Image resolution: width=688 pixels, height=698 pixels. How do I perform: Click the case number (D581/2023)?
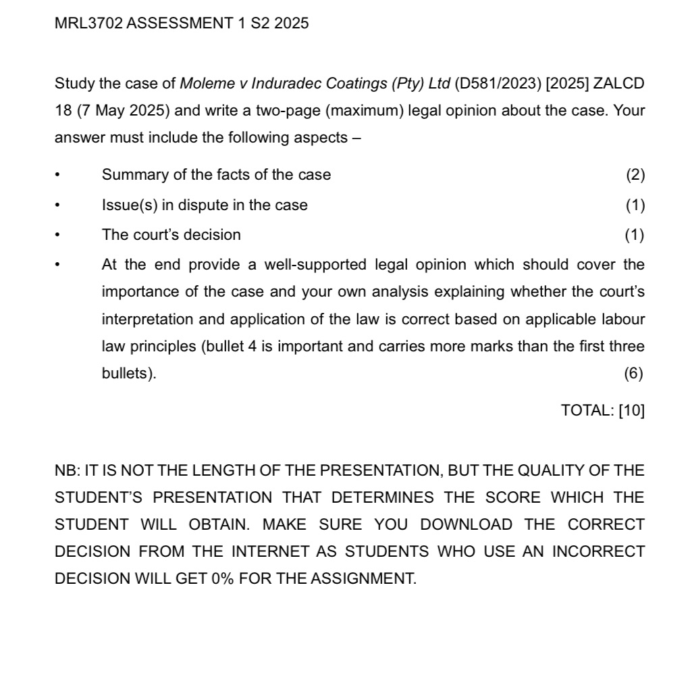pos(499,84)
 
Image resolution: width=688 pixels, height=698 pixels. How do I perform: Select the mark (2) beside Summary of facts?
pos(635,175)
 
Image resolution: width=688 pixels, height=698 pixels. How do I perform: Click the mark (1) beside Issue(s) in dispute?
pos(635,205)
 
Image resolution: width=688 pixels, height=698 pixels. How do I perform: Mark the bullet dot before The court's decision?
pos(59,236)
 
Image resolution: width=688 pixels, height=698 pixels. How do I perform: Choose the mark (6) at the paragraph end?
pos(633,374)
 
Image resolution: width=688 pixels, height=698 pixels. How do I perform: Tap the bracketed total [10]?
pos(631,410)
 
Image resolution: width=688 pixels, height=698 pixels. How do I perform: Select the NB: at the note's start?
pos(67,470)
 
